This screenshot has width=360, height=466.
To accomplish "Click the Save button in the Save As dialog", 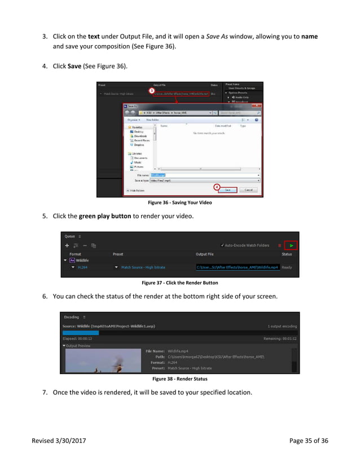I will (228, 190).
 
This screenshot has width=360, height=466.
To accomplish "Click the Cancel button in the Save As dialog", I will (248, 190).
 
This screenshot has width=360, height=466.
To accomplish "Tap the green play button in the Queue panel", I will (291, 245).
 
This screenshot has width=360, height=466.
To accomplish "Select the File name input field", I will (203, 175).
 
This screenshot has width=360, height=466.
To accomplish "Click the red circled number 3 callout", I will (151, 90).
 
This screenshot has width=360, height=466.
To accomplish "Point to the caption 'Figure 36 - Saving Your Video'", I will (179, 203).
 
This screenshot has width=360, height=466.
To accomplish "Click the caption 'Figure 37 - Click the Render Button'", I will (179, 283).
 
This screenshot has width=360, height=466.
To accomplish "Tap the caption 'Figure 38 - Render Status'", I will (179, 379).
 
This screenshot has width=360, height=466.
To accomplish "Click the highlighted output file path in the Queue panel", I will (238, 267).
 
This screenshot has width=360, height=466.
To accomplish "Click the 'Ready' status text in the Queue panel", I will (287, 267).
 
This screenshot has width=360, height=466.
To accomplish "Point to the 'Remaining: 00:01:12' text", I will (280, 339).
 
